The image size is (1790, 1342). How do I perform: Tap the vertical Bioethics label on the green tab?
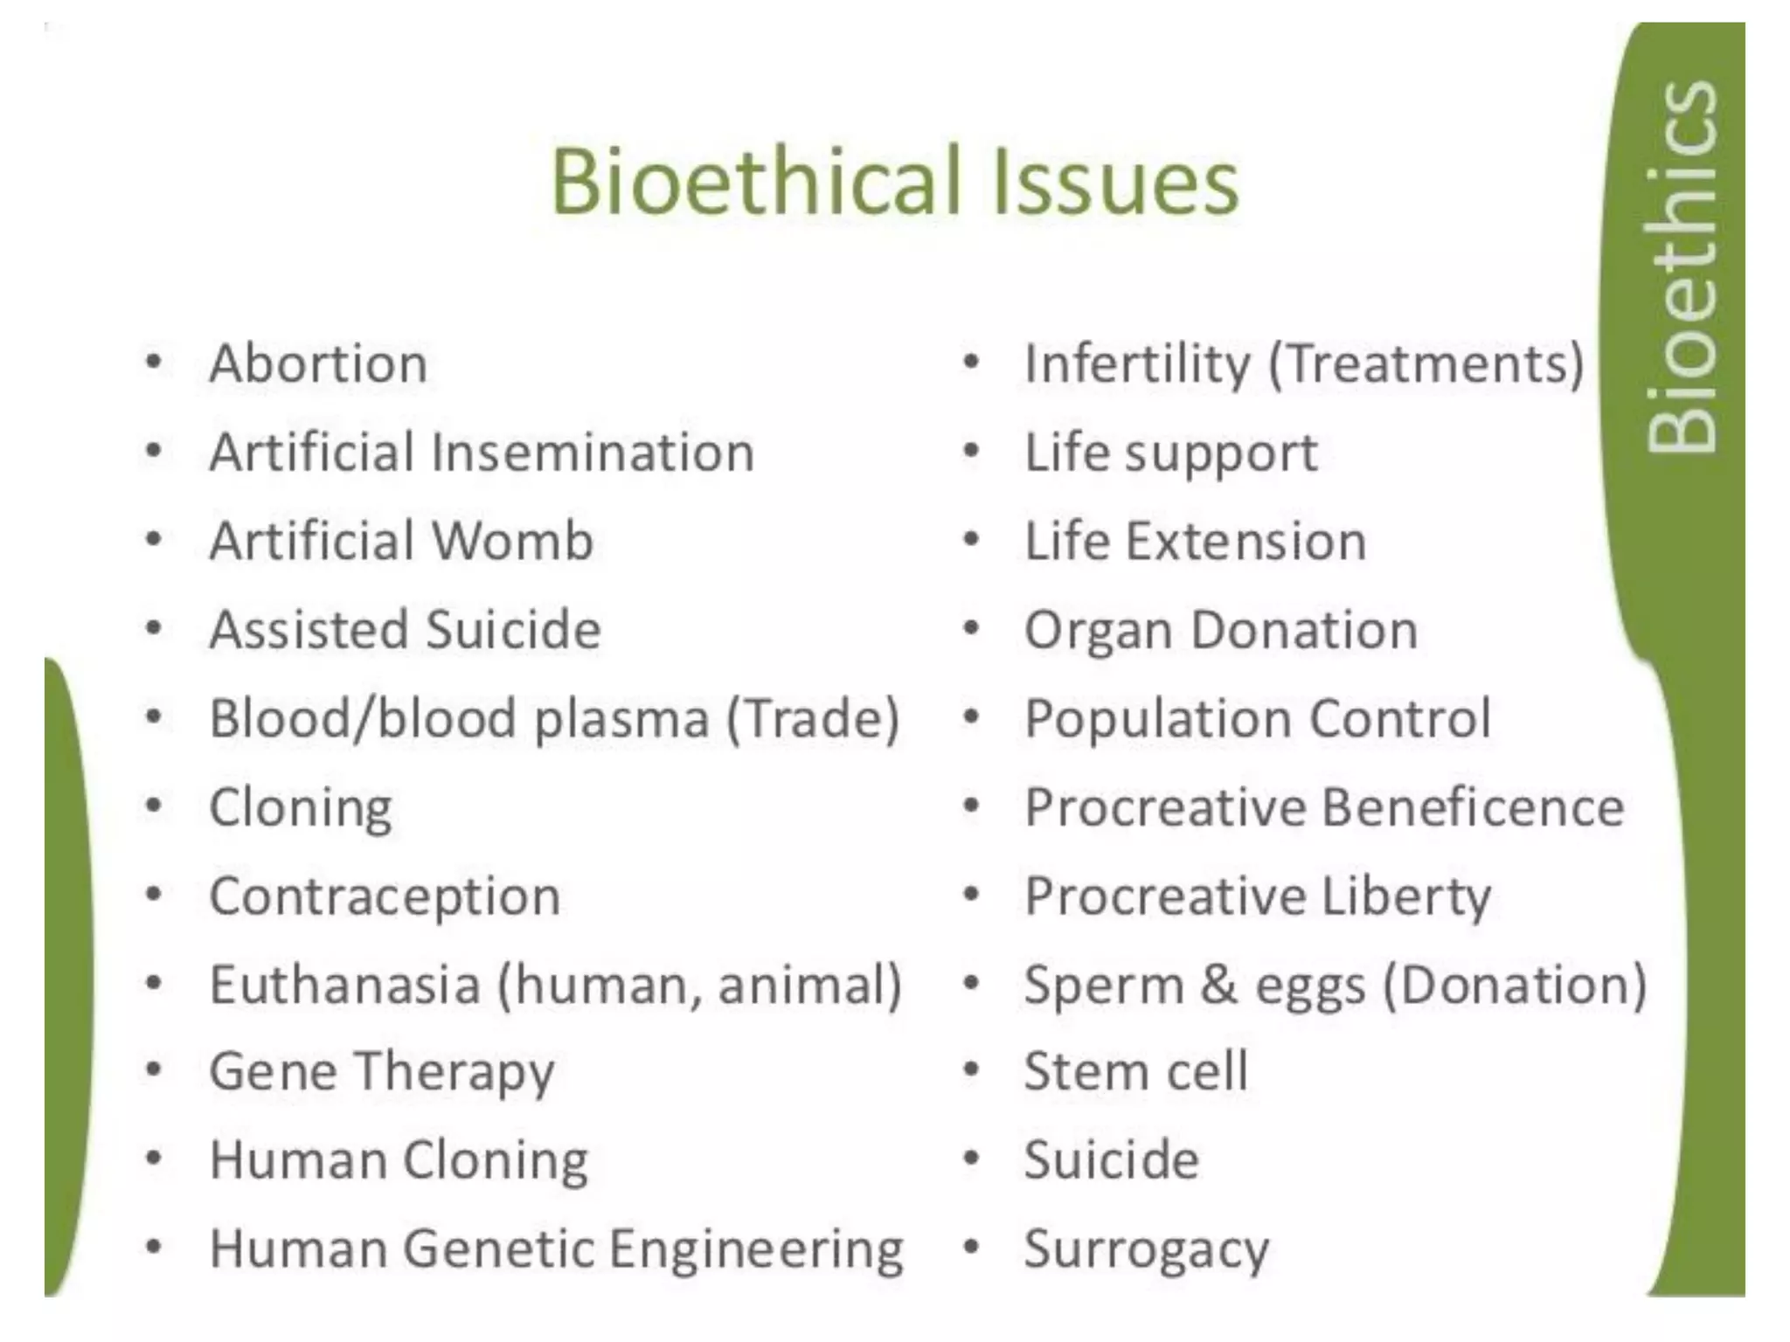(1680, 266)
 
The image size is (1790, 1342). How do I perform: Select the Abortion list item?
(318, 363)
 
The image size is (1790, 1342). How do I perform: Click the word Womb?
(512, 541)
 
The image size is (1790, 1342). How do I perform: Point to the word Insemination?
(592, 453)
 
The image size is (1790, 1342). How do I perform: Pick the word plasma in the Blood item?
(621, 719)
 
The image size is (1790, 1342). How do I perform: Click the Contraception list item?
(385, 896)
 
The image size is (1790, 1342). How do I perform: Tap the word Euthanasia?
(345, 985)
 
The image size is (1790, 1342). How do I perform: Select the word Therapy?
(454, 1073)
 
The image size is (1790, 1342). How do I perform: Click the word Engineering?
(756, 1249)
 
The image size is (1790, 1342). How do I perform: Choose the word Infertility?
(1137, 363)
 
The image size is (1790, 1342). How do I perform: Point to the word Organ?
(1098, 630)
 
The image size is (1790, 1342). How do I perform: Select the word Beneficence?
(1473, 807)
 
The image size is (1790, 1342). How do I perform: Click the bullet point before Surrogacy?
(970, 1248)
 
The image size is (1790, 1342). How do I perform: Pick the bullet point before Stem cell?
(970, 1070)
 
